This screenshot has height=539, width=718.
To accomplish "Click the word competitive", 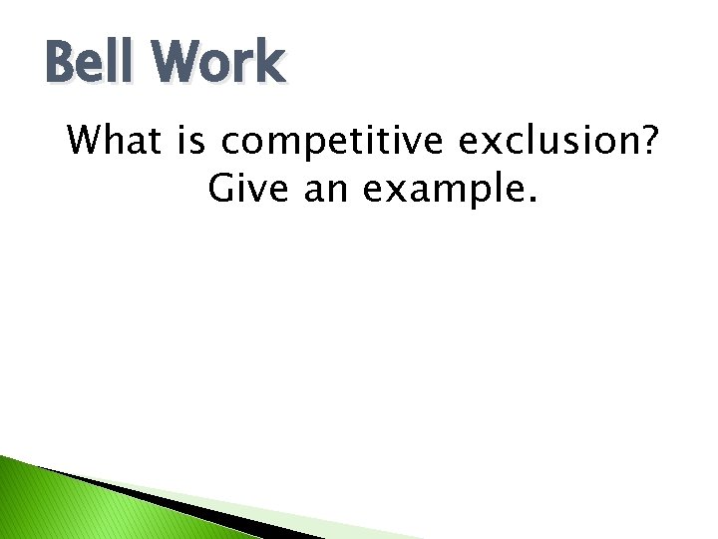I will click(x=333, y=143).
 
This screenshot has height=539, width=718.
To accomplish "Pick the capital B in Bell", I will click(x=63, y=62).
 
